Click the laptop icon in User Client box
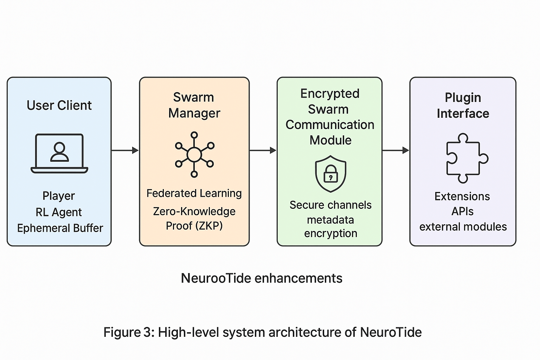click(59, 153)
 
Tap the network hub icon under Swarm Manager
click(194, 154)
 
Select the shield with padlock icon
click(330, 174)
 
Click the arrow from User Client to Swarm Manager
click(125, 150)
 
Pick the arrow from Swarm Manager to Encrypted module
click(263, 150)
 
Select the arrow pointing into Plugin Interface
click(396, 150)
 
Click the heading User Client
click(59, 105)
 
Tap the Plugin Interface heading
click(463, 105)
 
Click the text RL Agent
click(59, 212)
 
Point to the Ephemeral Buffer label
click(60, 228)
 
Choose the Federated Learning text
click(194, 193)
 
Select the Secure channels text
click(330, 205)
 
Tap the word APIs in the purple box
click(462, 211)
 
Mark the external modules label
click(463, 227)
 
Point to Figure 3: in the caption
click(129, 332)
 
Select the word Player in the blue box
click(59, 196)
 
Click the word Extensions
click(462, 196)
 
